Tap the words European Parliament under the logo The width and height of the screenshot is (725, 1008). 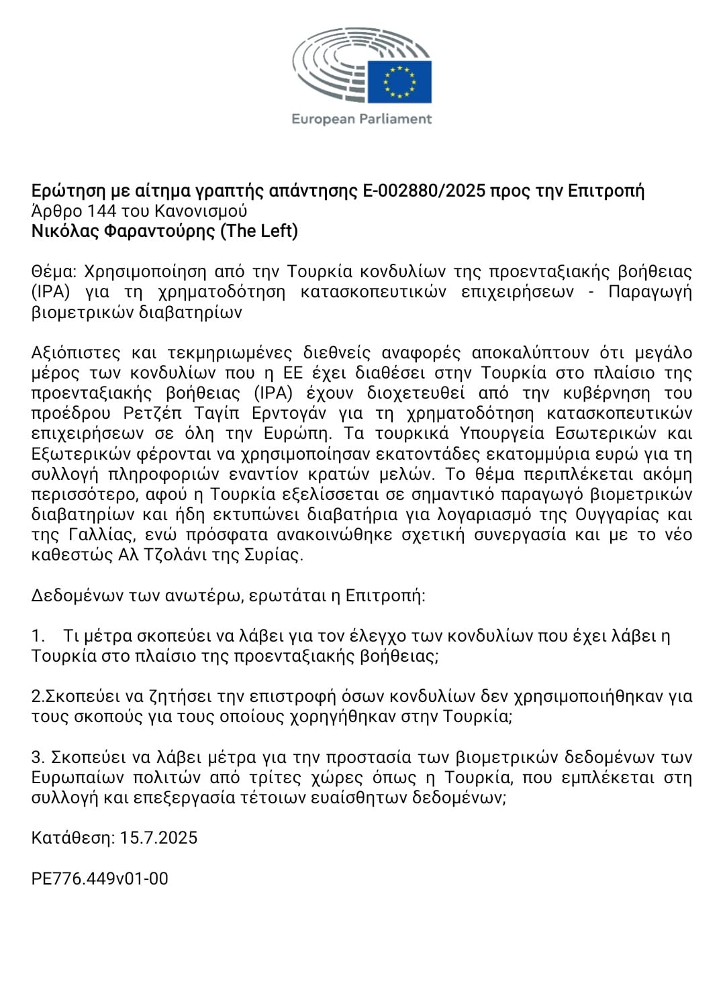coord(362,119)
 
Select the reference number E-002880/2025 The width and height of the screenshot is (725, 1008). coord(424,191)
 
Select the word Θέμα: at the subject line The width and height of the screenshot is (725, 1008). coord(54,272)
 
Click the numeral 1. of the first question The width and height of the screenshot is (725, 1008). coord(38,636)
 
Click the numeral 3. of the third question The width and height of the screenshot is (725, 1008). coord(38,758)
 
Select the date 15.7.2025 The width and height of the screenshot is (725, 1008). coord(159,838)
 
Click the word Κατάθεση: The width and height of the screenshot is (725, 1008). coord(73,838)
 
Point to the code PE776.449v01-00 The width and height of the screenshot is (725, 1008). coord(100,878)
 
